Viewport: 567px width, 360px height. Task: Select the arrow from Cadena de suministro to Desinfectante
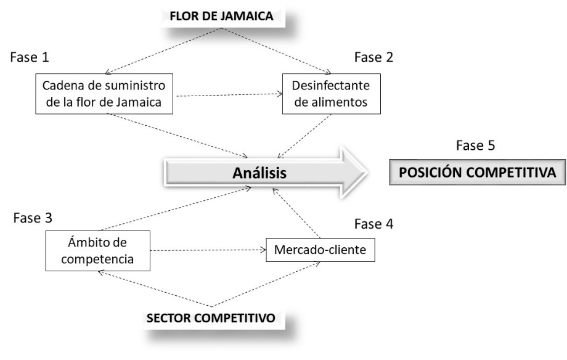tap(228, 96)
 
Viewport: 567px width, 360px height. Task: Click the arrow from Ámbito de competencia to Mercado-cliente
tap(208, 251)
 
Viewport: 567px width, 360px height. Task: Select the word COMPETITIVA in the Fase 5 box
tap(514, 172)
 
